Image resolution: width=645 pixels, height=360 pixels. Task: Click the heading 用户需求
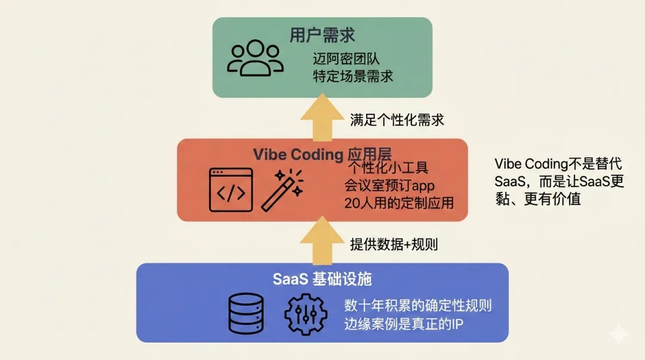point(322,35)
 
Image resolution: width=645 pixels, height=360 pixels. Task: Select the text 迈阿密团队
point(346,60)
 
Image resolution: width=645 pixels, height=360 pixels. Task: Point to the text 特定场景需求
point(354,77)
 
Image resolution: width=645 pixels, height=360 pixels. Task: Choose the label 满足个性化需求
point(397,119)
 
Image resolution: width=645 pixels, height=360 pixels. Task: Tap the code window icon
point(231,190)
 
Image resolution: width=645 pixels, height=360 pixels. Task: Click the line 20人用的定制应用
point(399,203)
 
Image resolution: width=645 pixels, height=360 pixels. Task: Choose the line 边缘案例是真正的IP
point(404,324)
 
